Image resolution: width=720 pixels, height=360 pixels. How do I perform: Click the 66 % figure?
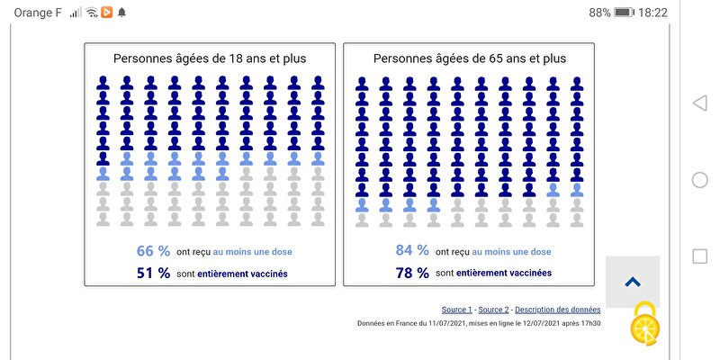click(x=152, y=251)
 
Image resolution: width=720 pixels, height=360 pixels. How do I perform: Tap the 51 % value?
click(x=152, y=273)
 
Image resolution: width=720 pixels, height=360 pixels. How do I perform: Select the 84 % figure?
click(x=411, y=251)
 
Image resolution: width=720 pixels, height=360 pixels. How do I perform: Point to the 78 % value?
click(x=411, y=273)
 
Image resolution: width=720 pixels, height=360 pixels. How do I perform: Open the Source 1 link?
click(x=456, y=310)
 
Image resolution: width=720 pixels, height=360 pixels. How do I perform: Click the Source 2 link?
click(x=493, y=310)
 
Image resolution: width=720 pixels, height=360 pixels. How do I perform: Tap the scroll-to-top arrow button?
click(x=632, y=282)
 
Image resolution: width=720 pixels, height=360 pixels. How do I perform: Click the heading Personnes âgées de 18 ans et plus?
click(x=210, y=58)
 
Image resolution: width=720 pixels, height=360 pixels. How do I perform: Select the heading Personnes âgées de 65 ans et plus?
click(x=470, y=58)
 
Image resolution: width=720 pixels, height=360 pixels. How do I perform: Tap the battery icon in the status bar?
click(x=625, y=13)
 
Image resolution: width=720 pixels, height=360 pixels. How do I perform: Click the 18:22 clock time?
click(x=653, y=13)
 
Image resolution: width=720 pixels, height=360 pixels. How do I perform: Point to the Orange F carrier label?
click(x=38, y=13)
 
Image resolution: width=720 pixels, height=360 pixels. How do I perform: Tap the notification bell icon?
click(x=121, y=13)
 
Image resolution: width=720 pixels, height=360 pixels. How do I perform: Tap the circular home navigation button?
click(x=699, y=180)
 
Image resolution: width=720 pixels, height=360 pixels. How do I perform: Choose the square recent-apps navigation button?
click(x=699, y=256)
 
